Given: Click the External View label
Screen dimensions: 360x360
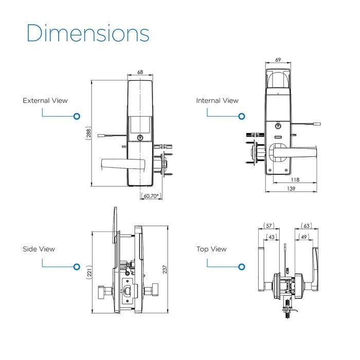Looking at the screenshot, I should (45, 101).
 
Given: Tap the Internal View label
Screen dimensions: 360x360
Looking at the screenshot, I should (217, 101).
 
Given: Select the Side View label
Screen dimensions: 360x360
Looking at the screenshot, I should (38, 249).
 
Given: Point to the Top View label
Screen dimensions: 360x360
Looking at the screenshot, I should (211, 249).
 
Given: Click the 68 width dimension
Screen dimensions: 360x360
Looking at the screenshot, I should (140, 73).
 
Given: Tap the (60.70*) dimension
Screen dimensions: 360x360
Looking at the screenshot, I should (151, 196).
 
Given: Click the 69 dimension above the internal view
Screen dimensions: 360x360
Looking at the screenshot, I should (278, 60).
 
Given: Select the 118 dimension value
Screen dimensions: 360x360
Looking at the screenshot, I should (295, 180).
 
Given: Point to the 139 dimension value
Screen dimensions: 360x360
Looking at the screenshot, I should (292, 189).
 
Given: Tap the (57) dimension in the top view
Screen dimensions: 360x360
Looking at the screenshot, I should (269, 226).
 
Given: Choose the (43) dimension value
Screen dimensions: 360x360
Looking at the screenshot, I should (271, 237).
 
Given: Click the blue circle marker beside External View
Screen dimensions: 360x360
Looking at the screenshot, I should (77, 117).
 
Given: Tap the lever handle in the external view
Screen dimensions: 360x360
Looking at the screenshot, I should (123, 164).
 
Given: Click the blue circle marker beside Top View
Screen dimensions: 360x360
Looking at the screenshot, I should (242, 267).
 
